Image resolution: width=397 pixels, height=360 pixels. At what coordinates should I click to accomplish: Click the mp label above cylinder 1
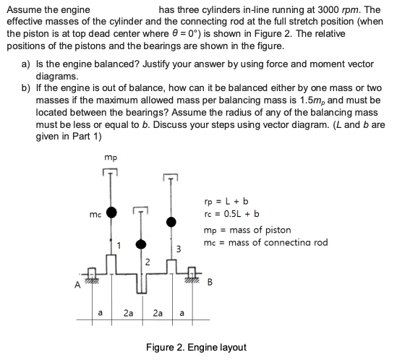110,155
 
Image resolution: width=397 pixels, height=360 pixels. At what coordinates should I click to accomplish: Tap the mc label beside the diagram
94,214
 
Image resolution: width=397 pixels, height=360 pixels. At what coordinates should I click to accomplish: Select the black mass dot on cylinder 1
111,212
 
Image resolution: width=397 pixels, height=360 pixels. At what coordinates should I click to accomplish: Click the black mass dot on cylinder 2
142,244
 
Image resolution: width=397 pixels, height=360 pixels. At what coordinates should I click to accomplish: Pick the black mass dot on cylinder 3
171,221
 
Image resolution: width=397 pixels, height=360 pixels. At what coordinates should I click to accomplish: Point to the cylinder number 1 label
122,247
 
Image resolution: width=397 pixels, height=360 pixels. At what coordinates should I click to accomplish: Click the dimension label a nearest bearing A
101,313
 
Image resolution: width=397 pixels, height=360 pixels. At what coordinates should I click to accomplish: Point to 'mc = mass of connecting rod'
266,242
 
